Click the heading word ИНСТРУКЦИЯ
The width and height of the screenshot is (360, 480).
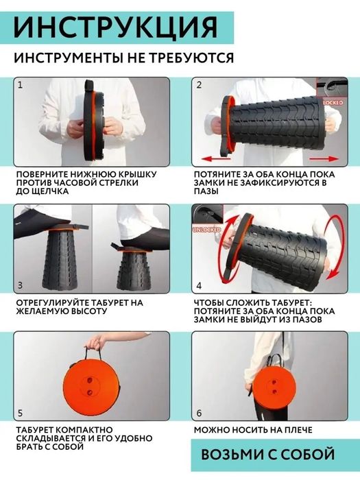pyautogui.click(x=115, y=27)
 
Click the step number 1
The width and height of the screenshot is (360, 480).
pyautogui.click(x=20, y=85)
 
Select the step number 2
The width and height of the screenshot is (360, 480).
pyautogui.click(x=199, y=85)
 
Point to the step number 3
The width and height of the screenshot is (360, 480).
pyautogui.click(x=20, y=286)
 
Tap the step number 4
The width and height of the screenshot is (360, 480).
pyautogui.click(x=199, y=286)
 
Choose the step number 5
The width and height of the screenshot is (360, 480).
pyautogui.click(x=20, y=413)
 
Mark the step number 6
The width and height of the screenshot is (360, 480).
pyautogui.click(x=199, y=413)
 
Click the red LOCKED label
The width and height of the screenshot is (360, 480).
pyautogui.click(x=333, y=103)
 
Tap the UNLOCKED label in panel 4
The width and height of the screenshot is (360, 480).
pyautogui.click(x=206, y=229)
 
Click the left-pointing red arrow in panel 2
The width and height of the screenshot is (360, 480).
pyautogui.click(x=215, y=159)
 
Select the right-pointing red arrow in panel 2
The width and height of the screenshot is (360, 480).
pyautogui.click(x=324, y=158)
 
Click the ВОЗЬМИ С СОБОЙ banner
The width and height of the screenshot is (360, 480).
pyautogui.click(x=268, y=454)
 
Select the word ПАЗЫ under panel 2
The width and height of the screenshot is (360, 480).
pyautogui.click(x=206, y=191)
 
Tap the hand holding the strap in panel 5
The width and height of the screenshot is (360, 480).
pyautogui.click(x=95, y=342)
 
